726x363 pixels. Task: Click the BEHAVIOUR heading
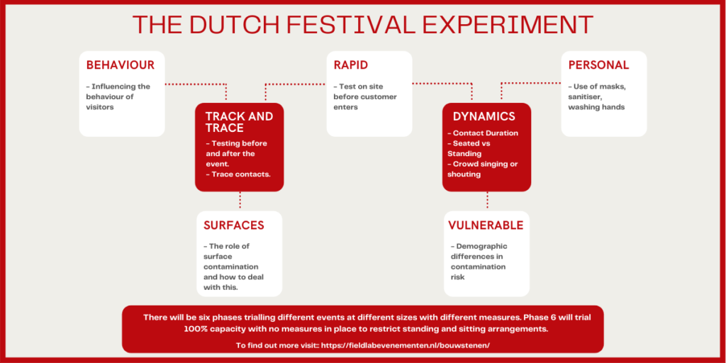click(x=121, y=65)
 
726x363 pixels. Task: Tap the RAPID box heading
click(x=351, y=65)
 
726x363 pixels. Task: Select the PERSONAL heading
click(x=598, y=65)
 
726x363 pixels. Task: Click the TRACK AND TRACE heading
click(x=240, y=122)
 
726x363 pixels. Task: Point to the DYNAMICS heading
click(x=484, y=116)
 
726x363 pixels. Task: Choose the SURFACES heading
click(x=234, y=225)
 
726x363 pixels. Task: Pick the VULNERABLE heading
click(x=486, y=225)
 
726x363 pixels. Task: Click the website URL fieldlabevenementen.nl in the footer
click(x=403, y=345)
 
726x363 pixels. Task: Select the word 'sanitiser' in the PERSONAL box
click(x=585, y=96)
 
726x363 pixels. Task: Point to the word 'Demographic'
click(x=479, y=246)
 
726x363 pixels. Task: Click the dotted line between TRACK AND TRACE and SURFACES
click(x=240, y=201)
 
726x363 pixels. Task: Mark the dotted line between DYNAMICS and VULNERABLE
click(x=487, y=201)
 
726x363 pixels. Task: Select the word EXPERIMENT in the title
click(x=508, y=25)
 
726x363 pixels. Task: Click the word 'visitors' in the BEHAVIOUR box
click(x=100, y=107)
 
